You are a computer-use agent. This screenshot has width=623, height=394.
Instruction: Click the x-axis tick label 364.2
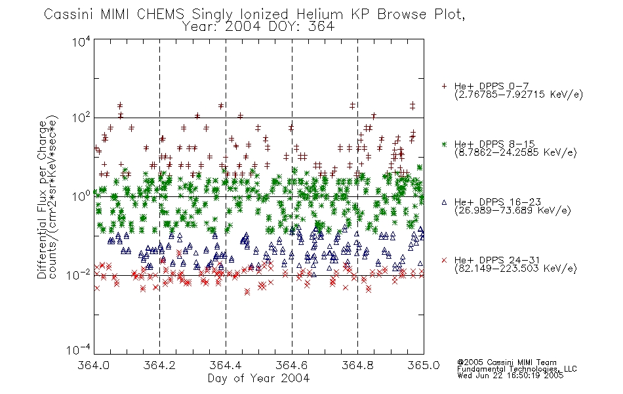click(159, 365)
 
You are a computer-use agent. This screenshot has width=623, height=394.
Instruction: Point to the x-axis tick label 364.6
click(292, 365)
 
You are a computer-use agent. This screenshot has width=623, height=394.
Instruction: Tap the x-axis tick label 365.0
click(424, 365)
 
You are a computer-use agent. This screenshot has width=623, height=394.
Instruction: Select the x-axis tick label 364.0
click(94, 365)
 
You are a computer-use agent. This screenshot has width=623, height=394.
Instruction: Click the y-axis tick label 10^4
click(81, 41)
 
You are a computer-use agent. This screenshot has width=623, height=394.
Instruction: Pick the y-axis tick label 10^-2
click(79, 274)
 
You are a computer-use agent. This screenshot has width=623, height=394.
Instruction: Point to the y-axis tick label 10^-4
click(79, 349)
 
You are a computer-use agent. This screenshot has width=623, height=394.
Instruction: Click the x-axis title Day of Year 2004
click(258, 378)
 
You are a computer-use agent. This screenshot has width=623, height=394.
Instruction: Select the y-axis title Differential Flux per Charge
click(42, 200)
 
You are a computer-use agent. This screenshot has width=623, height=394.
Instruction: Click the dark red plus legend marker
click(444, 86)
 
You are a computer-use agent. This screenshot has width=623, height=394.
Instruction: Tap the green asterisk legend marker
click(444, 144)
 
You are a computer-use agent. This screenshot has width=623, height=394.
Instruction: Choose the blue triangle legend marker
click(444, 202)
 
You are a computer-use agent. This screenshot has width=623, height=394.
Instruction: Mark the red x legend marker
click(444, 260)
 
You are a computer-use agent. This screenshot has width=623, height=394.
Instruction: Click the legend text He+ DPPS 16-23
click(498, 202)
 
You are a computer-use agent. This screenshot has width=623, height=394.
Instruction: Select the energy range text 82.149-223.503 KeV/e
click(515, 269)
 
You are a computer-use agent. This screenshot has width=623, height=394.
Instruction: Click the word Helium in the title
click(319, 14)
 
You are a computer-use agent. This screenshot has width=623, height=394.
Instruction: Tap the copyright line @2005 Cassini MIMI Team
click(507, 362)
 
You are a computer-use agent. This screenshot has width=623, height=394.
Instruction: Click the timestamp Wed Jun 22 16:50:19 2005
click(510, 376)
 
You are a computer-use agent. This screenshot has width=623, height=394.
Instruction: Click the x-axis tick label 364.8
click(357, 365)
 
